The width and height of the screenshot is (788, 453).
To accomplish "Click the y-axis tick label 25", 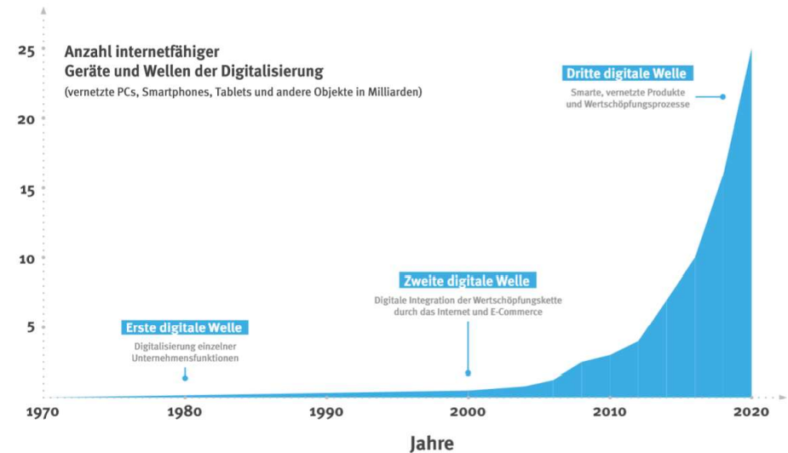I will point(26,51).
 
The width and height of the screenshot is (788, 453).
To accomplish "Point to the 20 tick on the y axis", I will point(26,119).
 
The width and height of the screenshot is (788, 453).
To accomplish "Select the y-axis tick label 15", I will point(26,189).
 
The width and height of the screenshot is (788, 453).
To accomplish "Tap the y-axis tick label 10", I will point(26,259).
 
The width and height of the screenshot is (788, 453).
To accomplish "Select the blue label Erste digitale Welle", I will point(184,328).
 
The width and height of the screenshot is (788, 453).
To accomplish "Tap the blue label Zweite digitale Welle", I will point(466,281).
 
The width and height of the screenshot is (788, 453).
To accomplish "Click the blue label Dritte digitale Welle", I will point(626,73).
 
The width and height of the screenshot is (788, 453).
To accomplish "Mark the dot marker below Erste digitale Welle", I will point(185,377).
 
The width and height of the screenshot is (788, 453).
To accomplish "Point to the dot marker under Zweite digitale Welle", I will point(468,373).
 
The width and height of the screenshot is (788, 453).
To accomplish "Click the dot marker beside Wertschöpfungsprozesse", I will point(722,97).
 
